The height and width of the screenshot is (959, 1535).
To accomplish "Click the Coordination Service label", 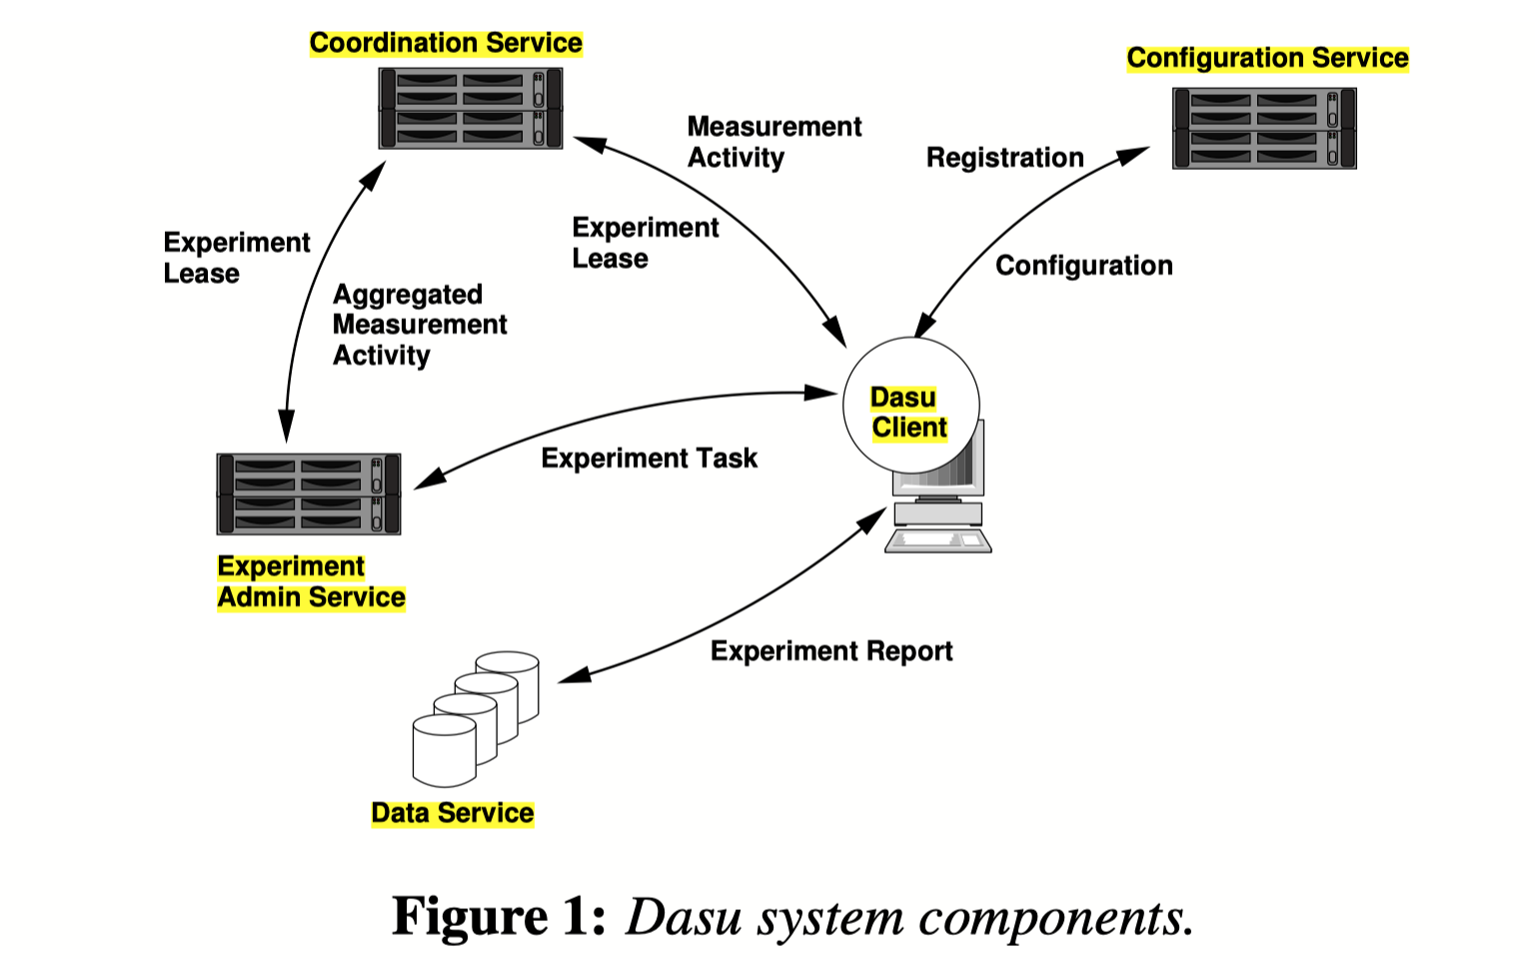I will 446,43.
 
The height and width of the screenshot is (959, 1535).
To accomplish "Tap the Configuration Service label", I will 1267,58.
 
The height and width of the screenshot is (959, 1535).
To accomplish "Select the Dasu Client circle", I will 910,406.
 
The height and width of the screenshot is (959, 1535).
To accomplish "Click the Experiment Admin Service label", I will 311,581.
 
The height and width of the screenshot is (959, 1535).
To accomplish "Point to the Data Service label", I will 453,813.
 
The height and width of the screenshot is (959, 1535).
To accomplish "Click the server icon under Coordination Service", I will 470,108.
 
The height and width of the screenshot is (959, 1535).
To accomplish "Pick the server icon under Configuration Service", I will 1264,128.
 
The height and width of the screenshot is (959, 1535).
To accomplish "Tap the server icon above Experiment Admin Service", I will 309,493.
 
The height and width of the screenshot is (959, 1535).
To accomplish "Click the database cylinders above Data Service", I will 476,717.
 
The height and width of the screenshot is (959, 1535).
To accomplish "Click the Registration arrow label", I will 1004,158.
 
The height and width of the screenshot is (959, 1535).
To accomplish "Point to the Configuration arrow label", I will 1083,266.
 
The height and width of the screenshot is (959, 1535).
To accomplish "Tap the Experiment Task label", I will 649,459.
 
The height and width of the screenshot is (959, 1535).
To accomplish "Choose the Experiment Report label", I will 831,651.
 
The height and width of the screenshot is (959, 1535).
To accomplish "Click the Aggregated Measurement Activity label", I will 420,325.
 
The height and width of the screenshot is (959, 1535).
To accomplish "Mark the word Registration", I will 1004,158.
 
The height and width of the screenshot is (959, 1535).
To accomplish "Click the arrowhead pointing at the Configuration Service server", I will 1134,155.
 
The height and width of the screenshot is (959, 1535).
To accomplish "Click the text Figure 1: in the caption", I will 499,916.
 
